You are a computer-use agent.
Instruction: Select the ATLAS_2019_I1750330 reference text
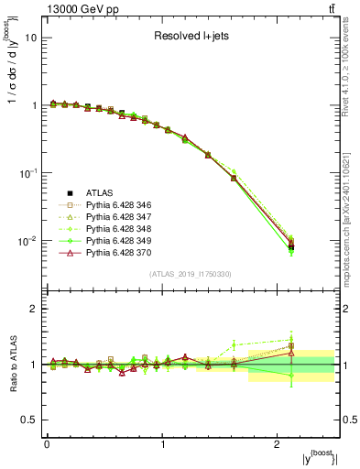coord(191,274)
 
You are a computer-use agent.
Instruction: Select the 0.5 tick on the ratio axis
coord(30,420)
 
